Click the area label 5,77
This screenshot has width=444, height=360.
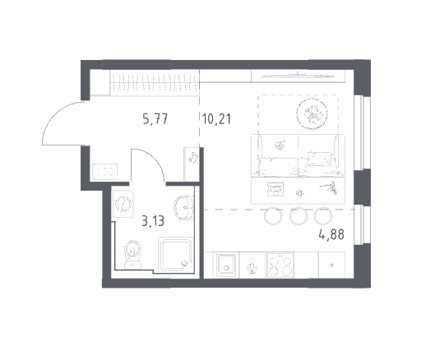coord(155,119)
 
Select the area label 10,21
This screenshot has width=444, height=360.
coord(217,119)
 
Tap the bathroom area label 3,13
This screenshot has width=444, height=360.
coord(153,221)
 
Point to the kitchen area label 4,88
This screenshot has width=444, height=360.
coord(331,234)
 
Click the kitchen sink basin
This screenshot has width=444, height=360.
coord(226,265)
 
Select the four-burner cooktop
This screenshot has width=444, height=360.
coord(280,265)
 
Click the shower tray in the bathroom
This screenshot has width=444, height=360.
coord(175,253)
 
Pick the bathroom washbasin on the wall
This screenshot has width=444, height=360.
coord(184,207)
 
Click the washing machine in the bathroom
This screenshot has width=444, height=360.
coord(123,204)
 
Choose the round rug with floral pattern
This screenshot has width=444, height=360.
coord(312,113)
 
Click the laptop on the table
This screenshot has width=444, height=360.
coord(275,189)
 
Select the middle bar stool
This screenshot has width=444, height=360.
coord(298,216)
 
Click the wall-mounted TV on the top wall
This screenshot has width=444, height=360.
coord(298,76)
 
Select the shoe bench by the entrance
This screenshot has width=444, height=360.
coord(104,172)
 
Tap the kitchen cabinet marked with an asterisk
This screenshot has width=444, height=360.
coord(331,265)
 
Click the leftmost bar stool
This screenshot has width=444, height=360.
coord(273,216)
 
